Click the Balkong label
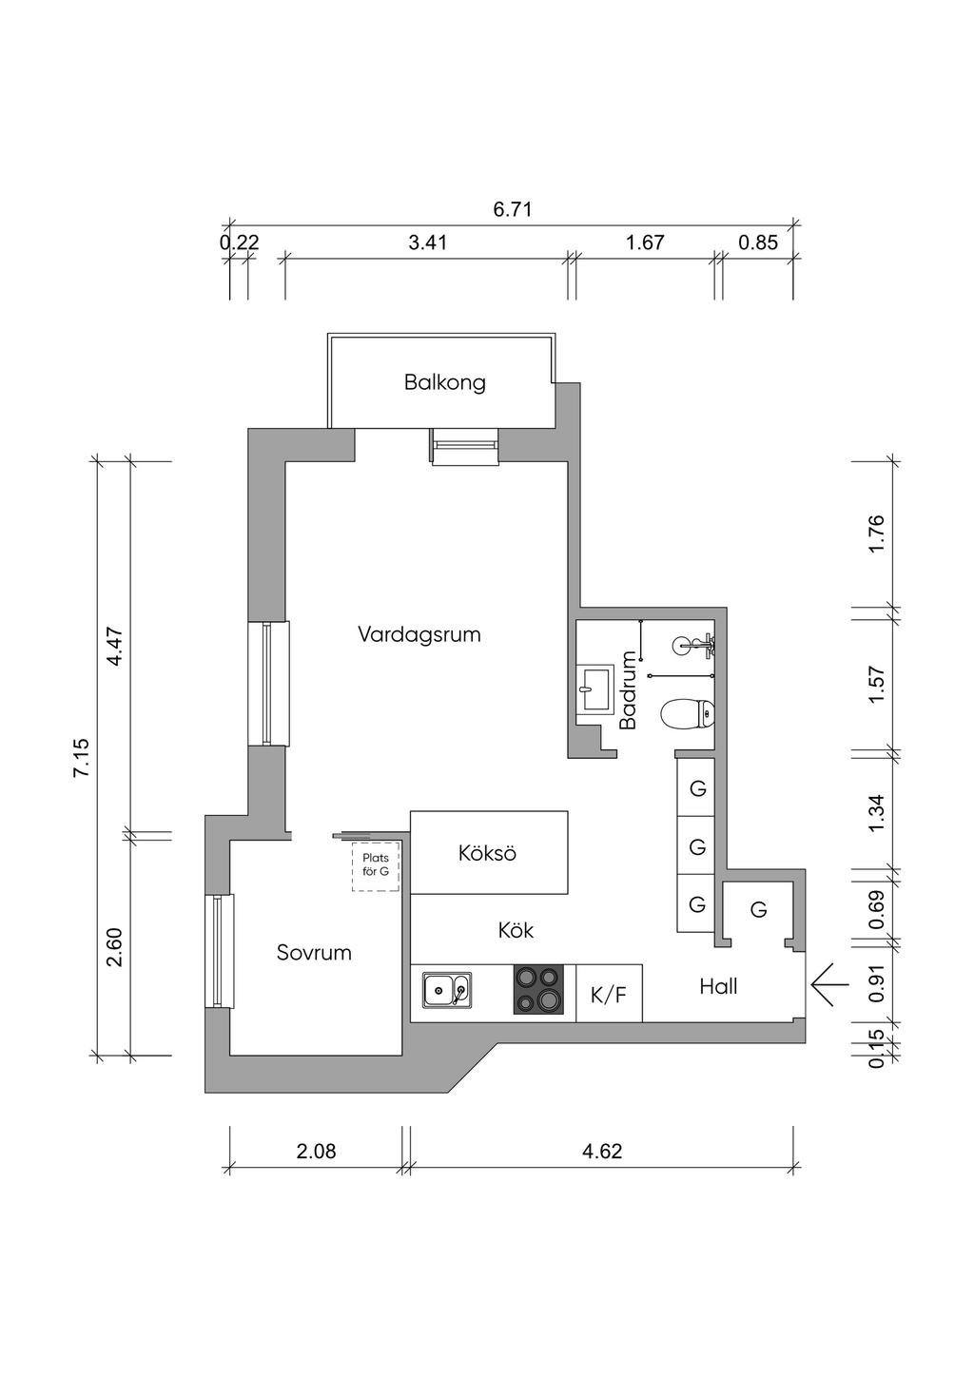[444, 382]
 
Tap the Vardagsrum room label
[419, 633]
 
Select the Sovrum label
[314, 952]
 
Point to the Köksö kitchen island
[488, 853]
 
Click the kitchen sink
[446, 990]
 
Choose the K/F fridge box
[609, 995]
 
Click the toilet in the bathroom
[688, 713]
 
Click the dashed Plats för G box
[376, 866]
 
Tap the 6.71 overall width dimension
[512, 209]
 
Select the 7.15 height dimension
[82, 758]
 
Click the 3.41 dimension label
[427, 242]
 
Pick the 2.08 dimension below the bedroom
[316, 1152]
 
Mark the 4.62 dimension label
[601, 1152]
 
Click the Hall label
[718, 986]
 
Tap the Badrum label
[628, 689]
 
